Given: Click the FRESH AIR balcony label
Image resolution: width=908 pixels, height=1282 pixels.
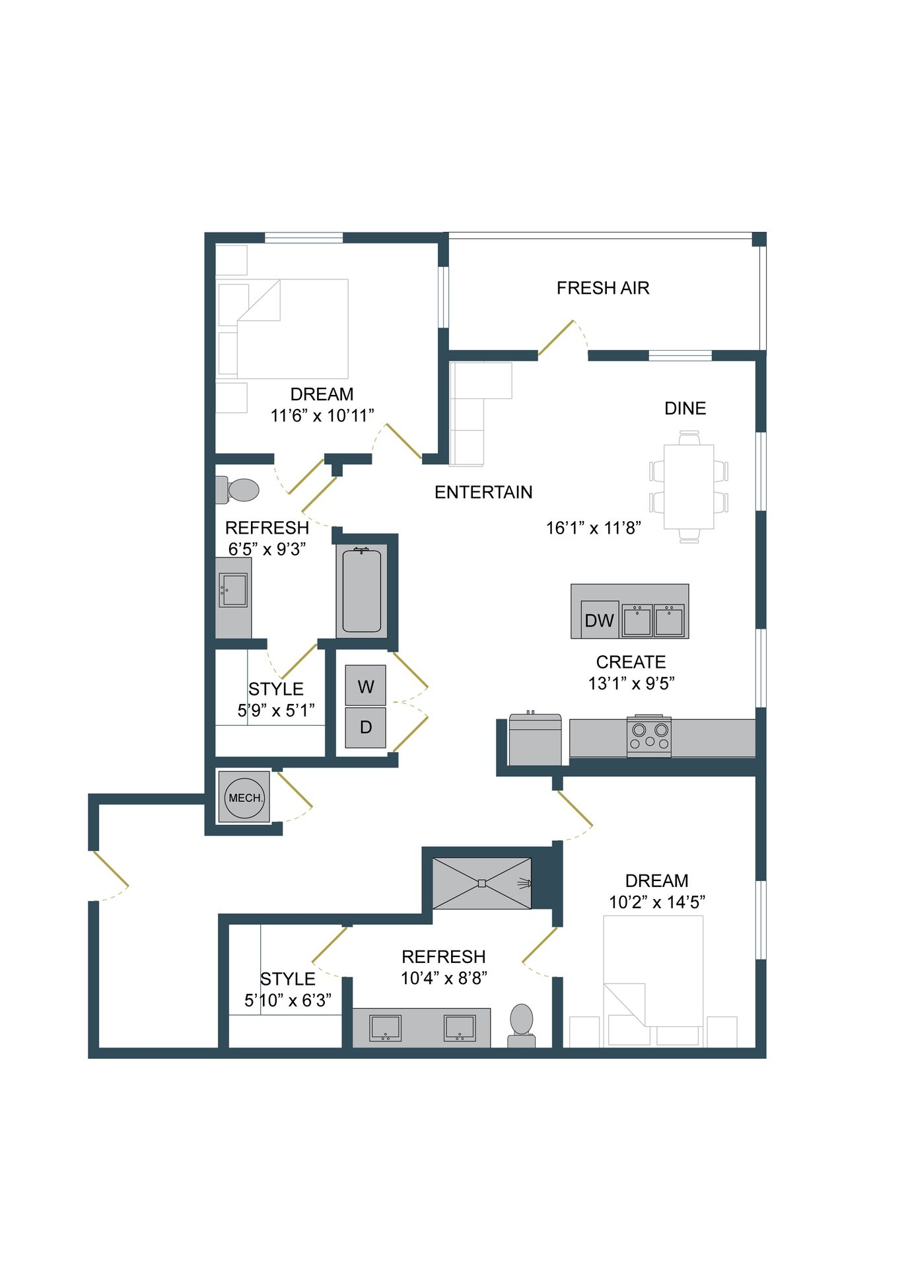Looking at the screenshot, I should (x=602, y=288).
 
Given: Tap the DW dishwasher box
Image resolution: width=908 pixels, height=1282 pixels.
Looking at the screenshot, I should (x=599, y=620).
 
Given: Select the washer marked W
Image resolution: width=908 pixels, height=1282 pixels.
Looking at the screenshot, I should (x=365, y=686).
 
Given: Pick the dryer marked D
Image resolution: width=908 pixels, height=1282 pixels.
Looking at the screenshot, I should (x=365, y=727).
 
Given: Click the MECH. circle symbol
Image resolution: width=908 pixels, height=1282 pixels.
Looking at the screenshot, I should (x=244, y=798).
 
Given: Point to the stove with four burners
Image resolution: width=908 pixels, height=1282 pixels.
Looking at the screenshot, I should (x=649, y=736).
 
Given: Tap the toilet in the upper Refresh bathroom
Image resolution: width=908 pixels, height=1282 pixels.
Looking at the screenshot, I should (x=239, y=490).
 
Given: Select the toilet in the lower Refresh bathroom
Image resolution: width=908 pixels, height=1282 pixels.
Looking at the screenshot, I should (x=522, y=1024).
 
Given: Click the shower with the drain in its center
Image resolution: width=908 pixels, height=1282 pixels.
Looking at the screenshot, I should (x=481, y=883).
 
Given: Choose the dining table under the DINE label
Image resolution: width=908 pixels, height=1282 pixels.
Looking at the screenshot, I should (x=688, y=486).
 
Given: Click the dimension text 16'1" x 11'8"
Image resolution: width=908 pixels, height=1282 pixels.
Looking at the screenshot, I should (x=593, y=528).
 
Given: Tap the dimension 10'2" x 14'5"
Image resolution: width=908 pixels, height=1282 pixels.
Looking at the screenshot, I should (x=656, y=902).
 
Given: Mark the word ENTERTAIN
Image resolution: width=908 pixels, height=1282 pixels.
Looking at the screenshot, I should (x=483, y=492).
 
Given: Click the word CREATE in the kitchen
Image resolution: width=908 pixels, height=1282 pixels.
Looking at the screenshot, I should (x=630, y=662).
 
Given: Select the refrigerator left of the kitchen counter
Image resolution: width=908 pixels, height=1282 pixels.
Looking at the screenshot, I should (x=535, y=740).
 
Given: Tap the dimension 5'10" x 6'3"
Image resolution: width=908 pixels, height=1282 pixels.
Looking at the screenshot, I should (x=287, y=1001).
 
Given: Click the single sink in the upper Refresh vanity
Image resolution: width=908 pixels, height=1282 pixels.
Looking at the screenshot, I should (x=234, y=590).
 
